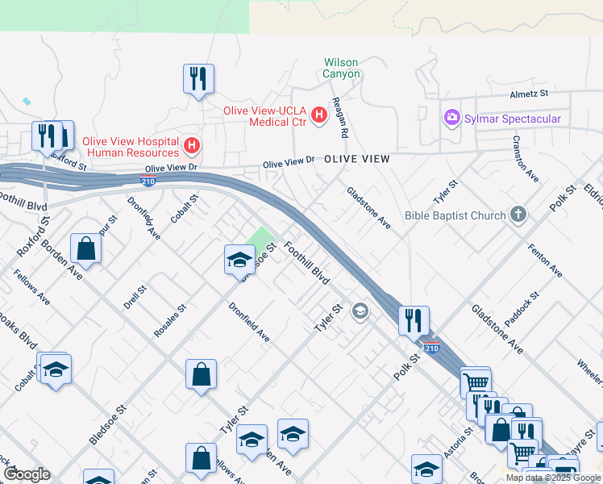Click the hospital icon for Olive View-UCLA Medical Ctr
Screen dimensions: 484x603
point(318,115)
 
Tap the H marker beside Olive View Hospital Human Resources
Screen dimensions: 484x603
point(192,146)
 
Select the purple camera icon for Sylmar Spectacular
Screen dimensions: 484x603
point(451,119)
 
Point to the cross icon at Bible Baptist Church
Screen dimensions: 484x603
point(518,215)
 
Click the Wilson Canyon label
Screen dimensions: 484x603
point(341,68)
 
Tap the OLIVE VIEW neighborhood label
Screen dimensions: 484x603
point(356,160)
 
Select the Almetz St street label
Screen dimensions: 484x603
point(528,94)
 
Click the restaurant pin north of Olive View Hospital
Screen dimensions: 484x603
point(198,79)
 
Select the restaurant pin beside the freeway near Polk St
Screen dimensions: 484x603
point(414,319)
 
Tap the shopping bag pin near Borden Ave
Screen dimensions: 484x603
point(85,248)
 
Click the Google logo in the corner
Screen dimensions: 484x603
point(27,474)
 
